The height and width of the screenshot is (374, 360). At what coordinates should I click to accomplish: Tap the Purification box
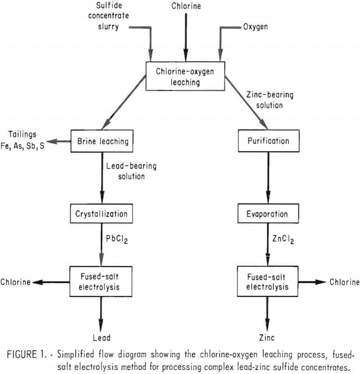(268, 141)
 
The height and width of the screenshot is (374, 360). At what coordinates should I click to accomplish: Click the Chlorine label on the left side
(15, 282)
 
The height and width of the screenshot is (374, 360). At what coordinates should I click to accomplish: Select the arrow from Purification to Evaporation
(269, 177)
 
